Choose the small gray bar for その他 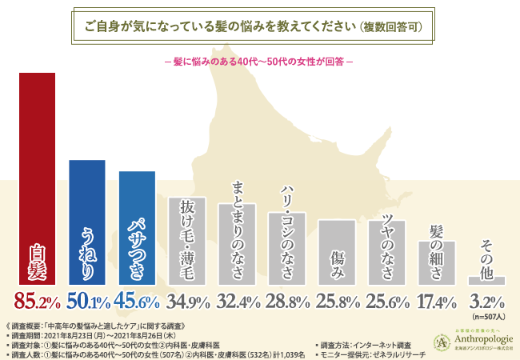click(486, 280)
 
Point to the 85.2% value click(38, 302)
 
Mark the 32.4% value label click(237, 302)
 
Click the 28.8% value click(286, 302)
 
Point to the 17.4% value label click(436, 302)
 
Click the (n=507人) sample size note click(486, 314)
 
